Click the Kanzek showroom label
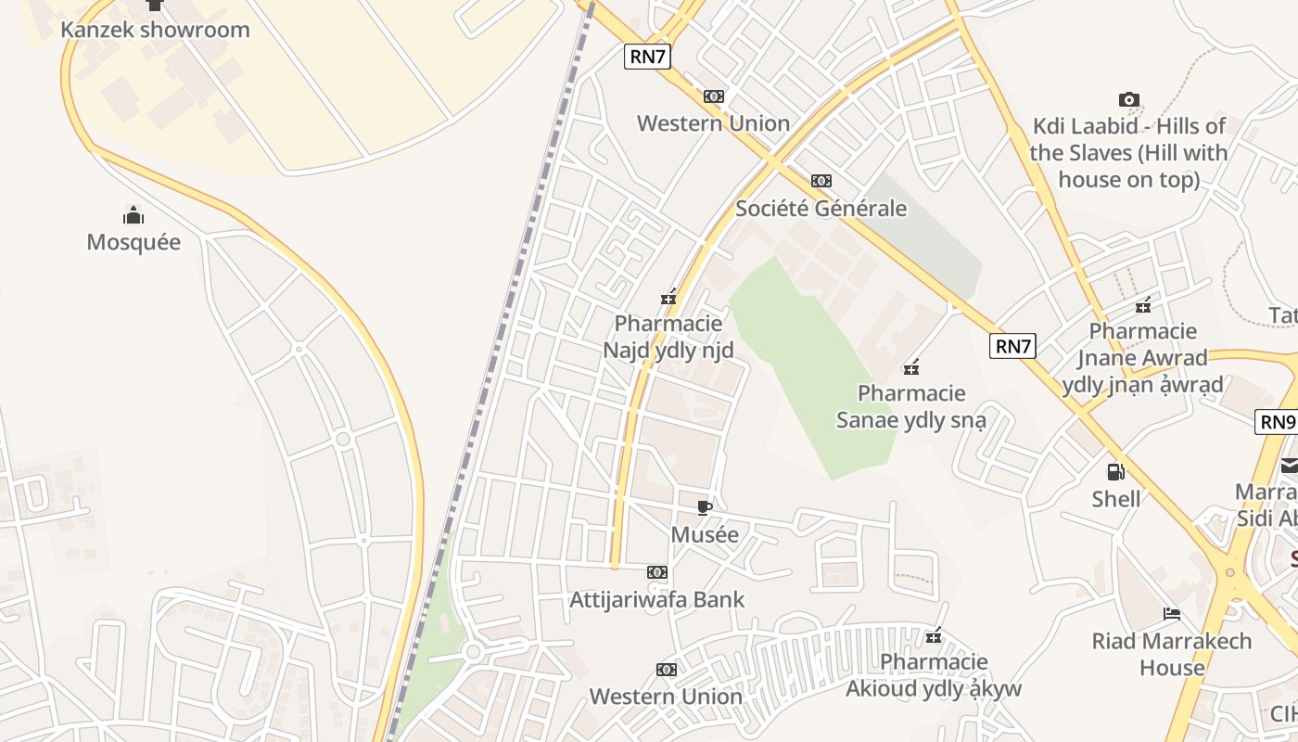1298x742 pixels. [x=155, y=30]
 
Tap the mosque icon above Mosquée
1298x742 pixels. [x=134, y=217]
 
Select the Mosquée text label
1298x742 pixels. [x=134, y=242]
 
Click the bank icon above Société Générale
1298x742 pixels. [x=821, y=181]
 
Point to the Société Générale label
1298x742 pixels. [x=821, y=208]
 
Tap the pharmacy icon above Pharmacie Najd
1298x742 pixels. [x=668, y=298]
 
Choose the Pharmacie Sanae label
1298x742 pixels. [x=911, y=406]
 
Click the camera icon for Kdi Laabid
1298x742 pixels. [x=1128, y=99]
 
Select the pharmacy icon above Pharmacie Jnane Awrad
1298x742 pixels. [x=1143, y=305]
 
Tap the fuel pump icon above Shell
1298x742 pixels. [x=1116, y=472]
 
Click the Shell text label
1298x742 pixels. [x=1116, y=499]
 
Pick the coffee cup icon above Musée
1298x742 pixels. [x=705, y=507]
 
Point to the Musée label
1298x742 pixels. [x=705, y=534]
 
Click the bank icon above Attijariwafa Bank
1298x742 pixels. [x=656, y=572]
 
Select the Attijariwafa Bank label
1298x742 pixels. [x=656, y=599]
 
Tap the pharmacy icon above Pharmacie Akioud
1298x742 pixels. [x=934, y=636]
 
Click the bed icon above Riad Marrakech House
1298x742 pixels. [x=1171, y=614]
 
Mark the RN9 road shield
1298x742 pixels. [x=1277, y=422]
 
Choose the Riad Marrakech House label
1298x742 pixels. [x=1171, y=654]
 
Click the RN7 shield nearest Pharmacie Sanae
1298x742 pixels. [x=1012, y=347]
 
